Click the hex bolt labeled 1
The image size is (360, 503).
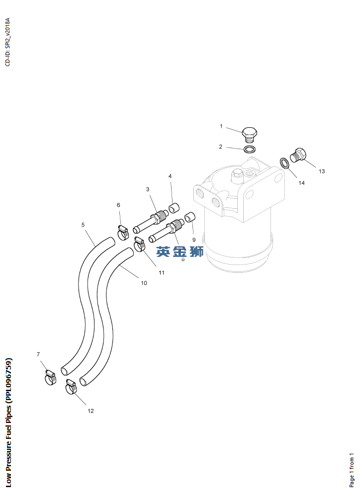click(249, 134)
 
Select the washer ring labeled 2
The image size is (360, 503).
click(250, 150)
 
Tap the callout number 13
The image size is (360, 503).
click(322, 171)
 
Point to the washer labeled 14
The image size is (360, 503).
click(284, 163)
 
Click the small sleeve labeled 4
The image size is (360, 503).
click(174, 208)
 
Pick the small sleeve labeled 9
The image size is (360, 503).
click(190, 217)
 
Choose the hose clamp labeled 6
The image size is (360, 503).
click(122, 234)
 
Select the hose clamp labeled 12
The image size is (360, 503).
click(72, 387)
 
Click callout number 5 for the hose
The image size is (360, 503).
click(83, 225)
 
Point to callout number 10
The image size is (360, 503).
click(144, 283)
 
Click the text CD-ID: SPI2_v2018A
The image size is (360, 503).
click(7, 42)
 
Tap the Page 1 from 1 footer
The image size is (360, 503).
click(352, 470)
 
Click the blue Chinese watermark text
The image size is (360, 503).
click(180, 252)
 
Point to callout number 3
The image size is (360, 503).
click(148, 189)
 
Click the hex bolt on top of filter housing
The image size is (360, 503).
click(236, 175)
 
